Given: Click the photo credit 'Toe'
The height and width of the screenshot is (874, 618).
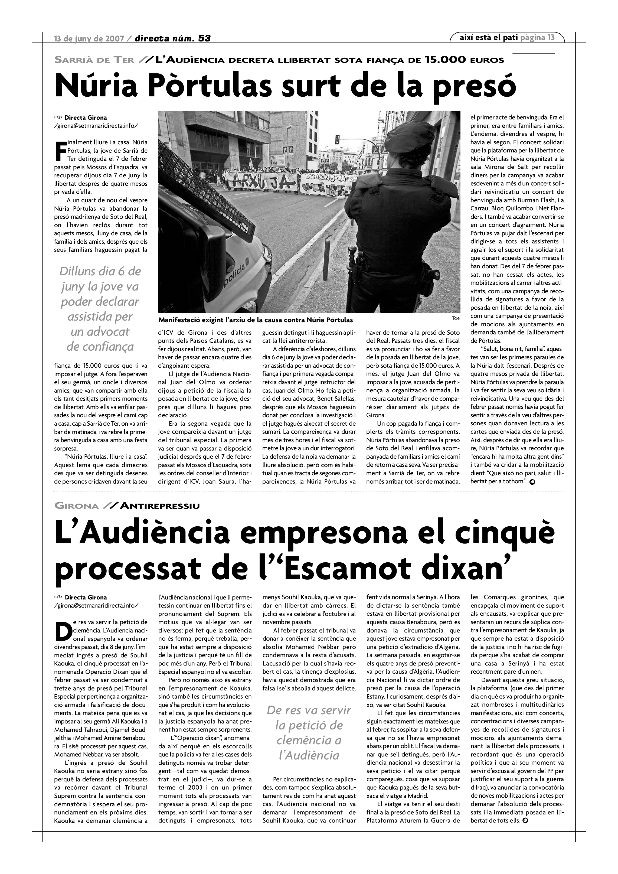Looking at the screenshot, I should coord(456,318).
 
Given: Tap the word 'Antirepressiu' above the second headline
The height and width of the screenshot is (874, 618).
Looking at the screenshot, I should coord(160,506).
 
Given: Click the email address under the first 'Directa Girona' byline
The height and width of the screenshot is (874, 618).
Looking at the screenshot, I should coord(96,125).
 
